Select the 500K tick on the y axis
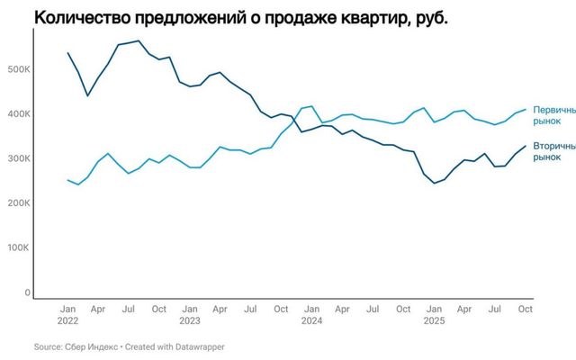pyautogui.click(x=19, y=69)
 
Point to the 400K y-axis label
pyautogui.click(x=19, y=114)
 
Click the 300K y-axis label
pyautogui.click(x=19, y=158)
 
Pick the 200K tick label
pyautogui.click(x=19, y=203)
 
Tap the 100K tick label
pyautogui.click(x=19, y=248)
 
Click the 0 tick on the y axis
pyautogui.click(x=28, y=292)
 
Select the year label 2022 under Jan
pyautogui.click(x=67, y=320)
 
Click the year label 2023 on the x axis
pyautogui.click(x=189, y=320)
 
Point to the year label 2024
pyautogui.click(x=311, y=320)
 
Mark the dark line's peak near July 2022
pyautogui.click(x=138, y=40)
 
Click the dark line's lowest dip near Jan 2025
pyautogui.click(x=435, y=183)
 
